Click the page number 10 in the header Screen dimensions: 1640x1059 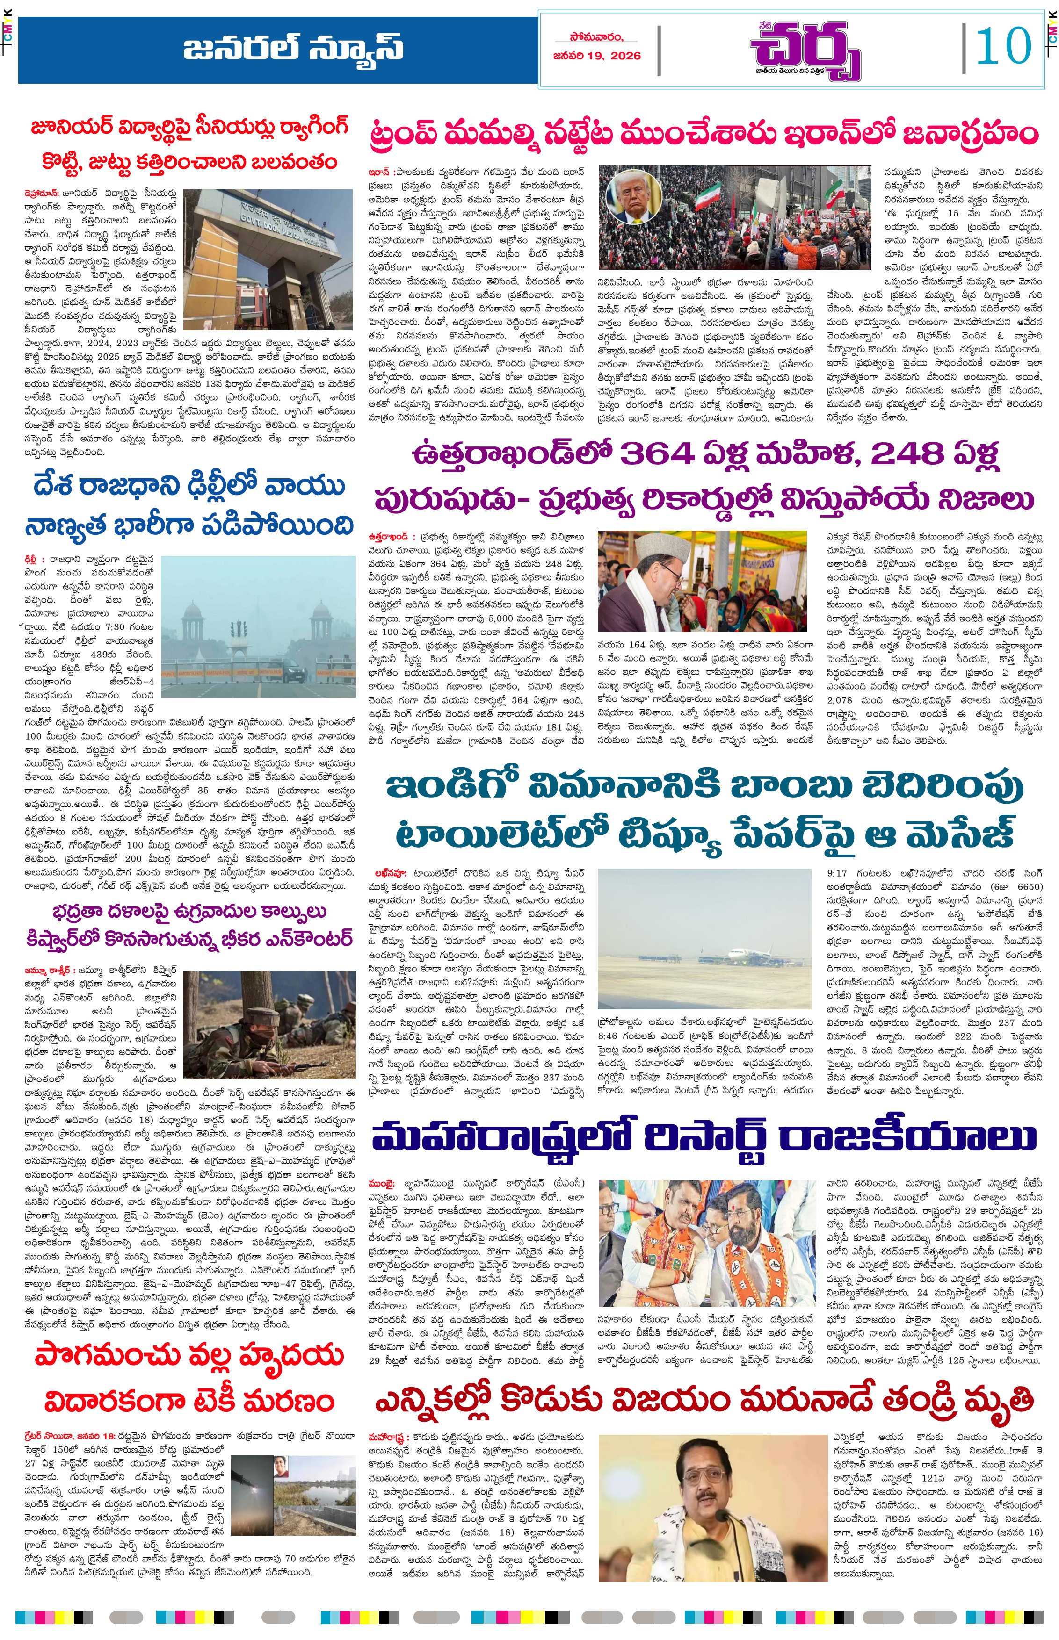1003,47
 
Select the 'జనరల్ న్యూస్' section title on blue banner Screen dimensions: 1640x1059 293,49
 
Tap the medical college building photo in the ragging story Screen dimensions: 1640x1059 268,258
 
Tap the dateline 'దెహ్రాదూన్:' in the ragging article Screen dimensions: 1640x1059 40,194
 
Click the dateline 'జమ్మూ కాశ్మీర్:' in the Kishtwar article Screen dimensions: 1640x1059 47,970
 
